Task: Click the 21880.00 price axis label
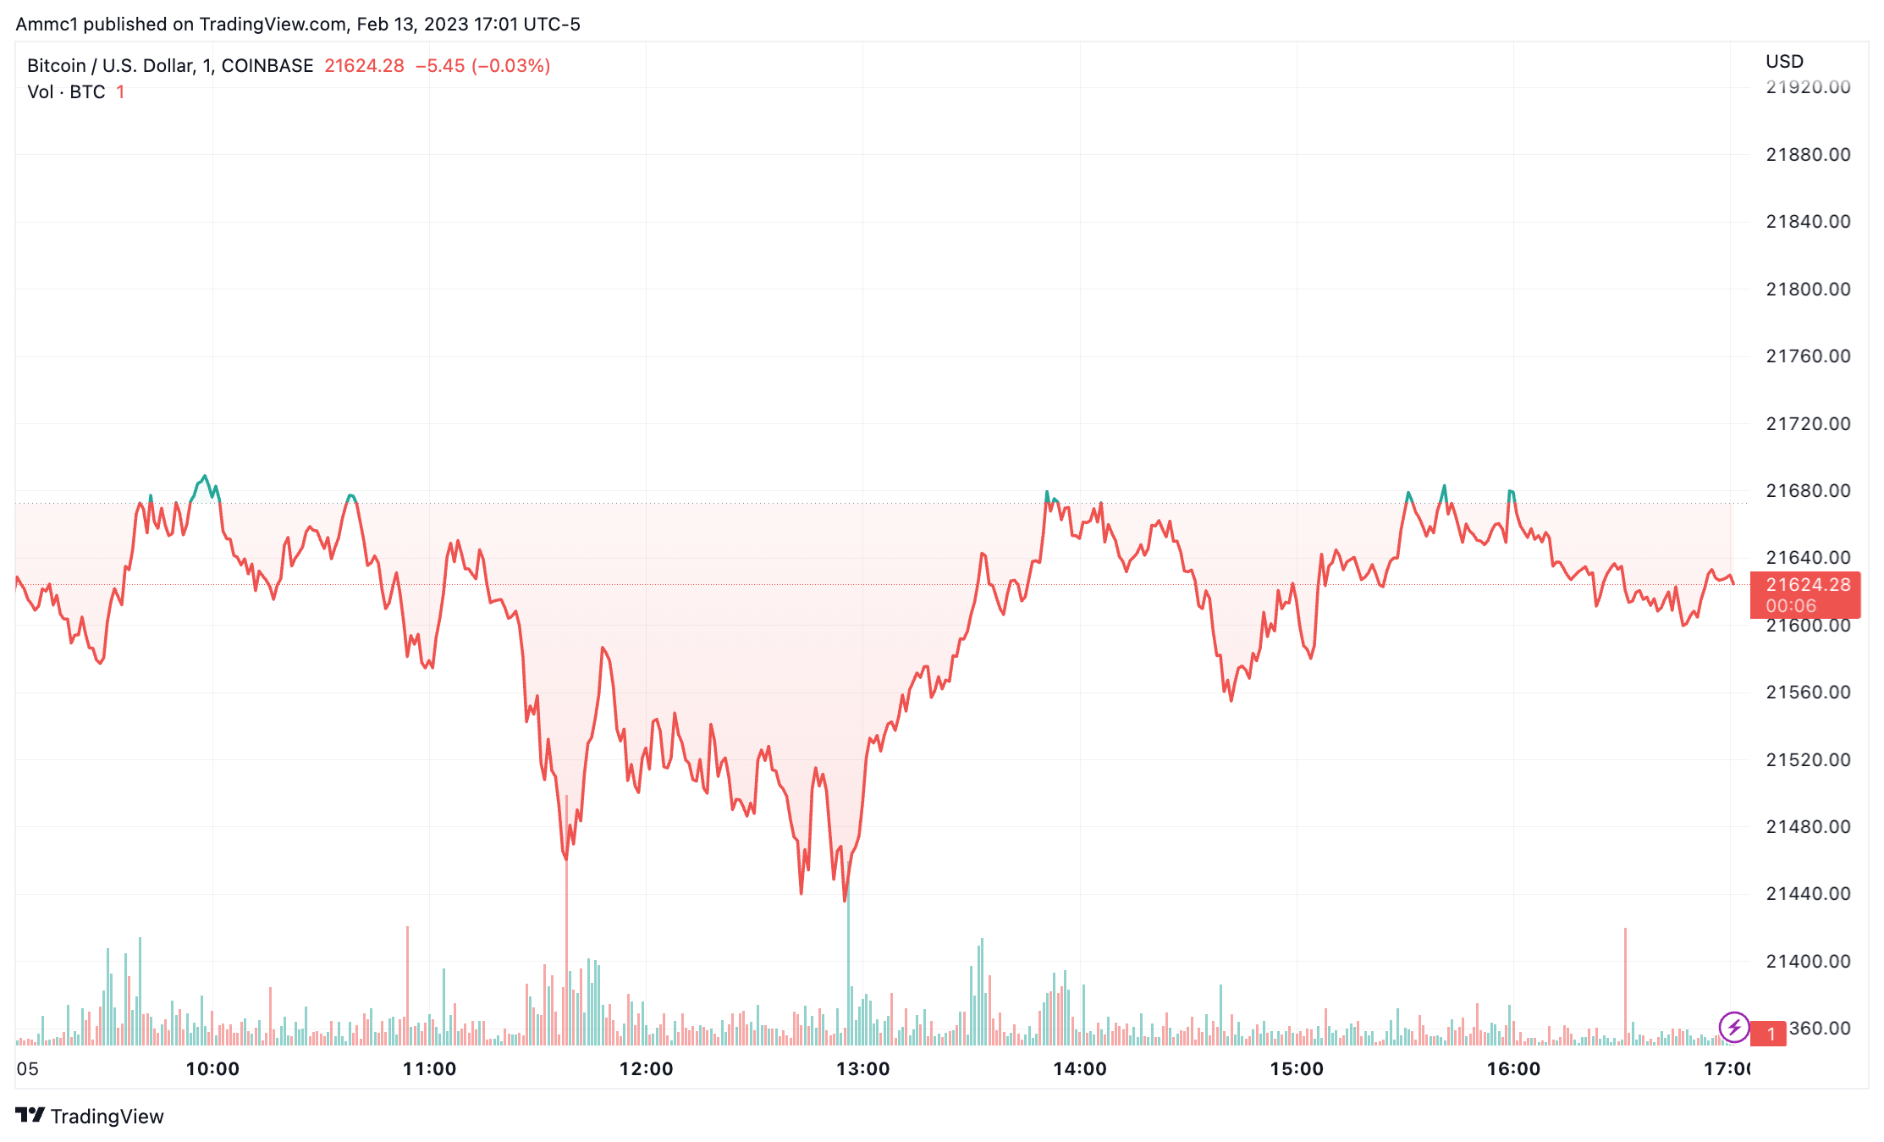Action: (1807, 154)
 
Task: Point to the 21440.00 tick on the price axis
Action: (1807, 893)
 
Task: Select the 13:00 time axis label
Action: (862, 1068)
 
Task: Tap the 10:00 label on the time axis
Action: (212, 1068)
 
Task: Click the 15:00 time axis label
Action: (1296, 1068)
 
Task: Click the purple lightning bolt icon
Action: (1733, 1028)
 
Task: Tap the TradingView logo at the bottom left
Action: (90, 1116)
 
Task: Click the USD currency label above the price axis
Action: (1784, 62)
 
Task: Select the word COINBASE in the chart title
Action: (267, 66)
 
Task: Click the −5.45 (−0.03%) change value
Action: (482, 66)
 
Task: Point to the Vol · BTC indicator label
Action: (66, 92)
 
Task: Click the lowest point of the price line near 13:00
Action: (845, 900)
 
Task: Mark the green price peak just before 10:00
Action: (204, 476)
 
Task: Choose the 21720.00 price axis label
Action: (1807, 423)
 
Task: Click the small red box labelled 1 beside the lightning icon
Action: (1770, 1033)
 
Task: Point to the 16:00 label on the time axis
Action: (1513, 1068)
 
